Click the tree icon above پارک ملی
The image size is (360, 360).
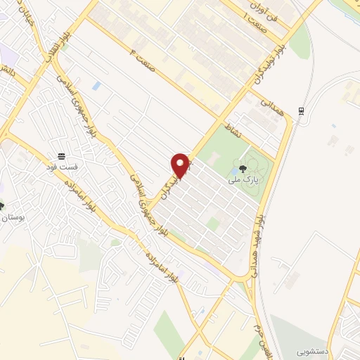pos(243,168)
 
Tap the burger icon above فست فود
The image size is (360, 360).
pos(63,156)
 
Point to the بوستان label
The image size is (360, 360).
pos(15,219)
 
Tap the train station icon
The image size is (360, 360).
pos(301,110)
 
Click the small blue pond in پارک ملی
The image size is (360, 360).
pos(233,169)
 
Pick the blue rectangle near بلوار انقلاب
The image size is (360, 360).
pos(96,86)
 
